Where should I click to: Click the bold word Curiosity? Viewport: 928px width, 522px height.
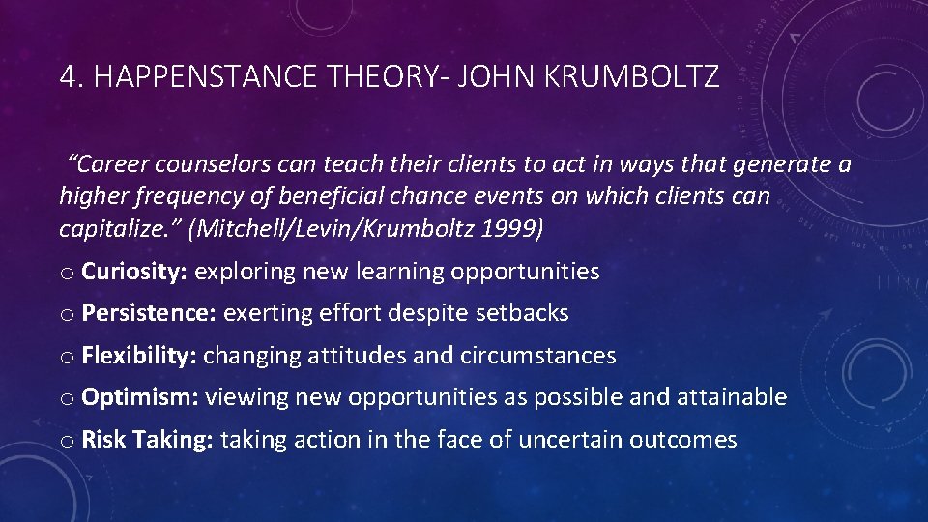click(134, 272)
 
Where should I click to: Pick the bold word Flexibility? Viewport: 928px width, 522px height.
click(140, 356)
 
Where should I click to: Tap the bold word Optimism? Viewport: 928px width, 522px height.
click(140, 397)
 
